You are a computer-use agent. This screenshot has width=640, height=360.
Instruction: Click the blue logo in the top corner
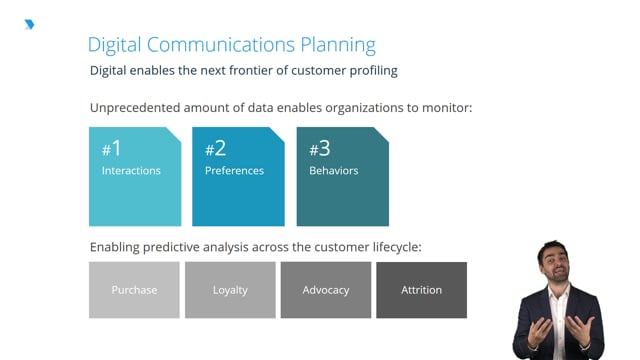point(29,24)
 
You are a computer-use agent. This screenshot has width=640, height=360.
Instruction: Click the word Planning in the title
point(338,45)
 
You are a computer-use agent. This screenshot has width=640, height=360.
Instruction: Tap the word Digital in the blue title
point(114,45)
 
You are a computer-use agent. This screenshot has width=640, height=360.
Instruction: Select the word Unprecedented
point(135,108)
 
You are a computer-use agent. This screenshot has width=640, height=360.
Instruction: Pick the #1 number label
point(111,148)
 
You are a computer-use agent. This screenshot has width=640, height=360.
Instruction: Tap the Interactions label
point(131,171)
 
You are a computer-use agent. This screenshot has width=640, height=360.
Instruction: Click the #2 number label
point(216,148)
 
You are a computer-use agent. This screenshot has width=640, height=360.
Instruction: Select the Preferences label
point(234,171)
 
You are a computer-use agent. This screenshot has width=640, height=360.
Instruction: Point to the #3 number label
point(320,149)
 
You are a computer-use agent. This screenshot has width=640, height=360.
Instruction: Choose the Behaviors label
point(333,171)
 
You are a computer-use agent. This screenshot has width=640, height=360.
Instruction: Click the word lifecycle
point(397,247)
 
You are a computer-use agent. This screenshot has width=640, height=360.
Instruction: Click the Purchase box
point(134,290)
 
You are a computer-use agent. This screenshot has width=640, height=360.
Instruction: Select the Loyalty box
point(230,290)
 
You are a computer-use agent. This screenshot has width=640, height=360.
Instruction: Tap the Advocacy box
point(326,290)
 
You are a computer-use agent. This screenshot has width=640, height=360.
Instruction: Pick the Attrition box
point(422,290)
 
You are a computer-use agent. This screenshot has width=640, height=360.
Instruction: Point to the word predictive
point(171,247)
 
